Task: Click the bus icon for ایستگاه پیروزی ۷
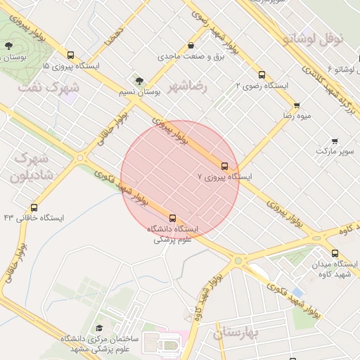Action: (x=224, y=166)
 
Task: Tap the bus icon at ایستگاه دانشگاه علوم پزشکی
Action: (x=173, y=218)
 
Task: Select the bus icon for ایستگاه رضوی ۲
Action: (x=262, y=74)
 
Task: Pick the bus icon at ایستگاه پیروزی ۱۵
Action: (x=70, y=55)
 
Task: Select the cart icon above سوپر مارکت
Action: (x=334, y=141)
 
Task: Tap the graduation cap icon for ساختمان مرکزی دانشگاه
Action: (x=99, y=328)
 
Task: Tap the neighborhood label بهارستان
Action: (x=238, y=331)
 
